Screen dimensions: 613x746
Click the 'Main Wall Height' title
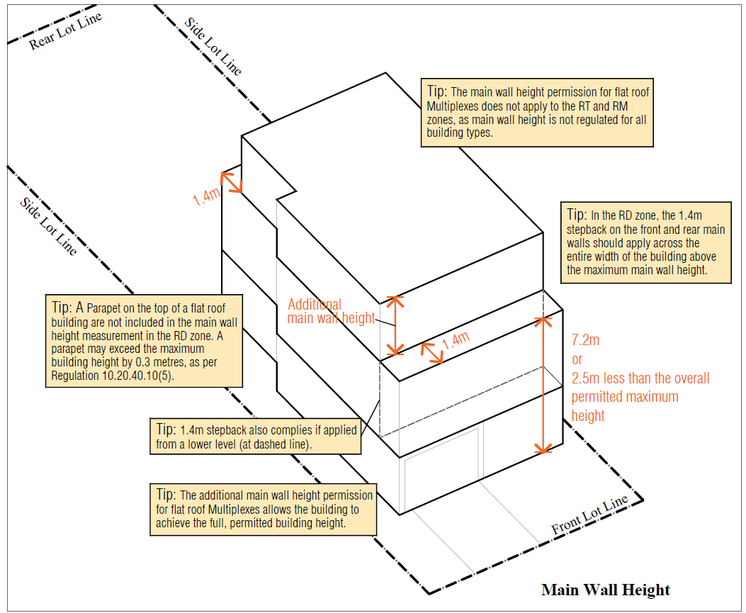pos(605,590)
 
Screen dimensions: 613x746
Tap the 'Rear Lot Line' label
pos(65,32)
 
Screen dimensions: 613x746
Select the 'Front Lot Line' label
pos(589,515)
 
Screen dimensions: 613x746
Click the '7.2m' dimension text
pos(585,340)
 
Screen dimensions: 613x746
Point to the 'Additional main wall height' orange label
pos(330,311)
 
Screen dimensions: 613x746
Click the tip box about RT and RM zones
pos(536,112)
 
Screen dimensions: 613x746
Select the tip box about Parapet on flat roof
pos(143,341)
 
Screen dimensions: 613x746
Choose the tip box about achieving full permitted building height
pos(263,510)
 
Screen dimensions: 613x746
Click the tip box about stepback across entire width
pos(645,242)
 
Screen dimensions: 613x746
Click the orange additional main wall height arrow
pos(395,326)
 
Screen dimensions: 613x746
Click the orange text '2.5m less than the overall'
pos(640,378)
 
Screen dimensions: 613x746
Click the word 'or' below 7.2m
pos(577,359)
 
